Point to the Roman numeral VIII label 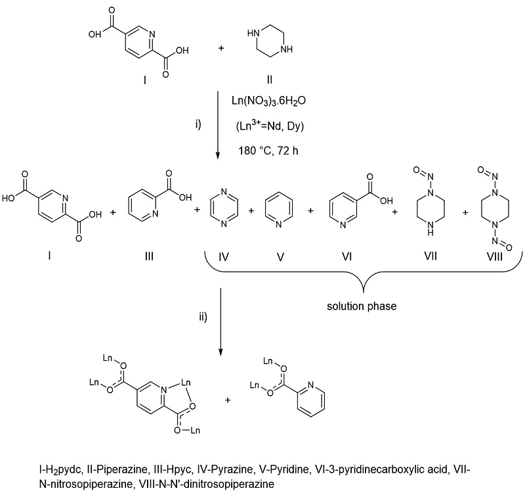(495, 256)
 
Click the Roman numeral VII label (430, 256)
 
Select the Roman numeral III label (149, 256)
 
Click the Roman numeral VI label (346, 256)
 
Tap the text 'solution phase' (362, 306)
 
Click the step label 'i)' (198, 124)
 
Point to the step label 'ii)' (203, 317)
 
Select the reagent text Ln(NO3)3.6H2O (269, 101)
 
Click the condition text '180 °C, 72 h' (268, 151)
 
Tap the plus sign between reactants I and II (221, 48)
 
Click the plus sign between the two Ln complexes (228, 400)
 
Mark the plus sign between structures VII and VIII (465, 212)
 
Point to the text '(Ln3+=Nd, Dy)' (269, 126)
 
